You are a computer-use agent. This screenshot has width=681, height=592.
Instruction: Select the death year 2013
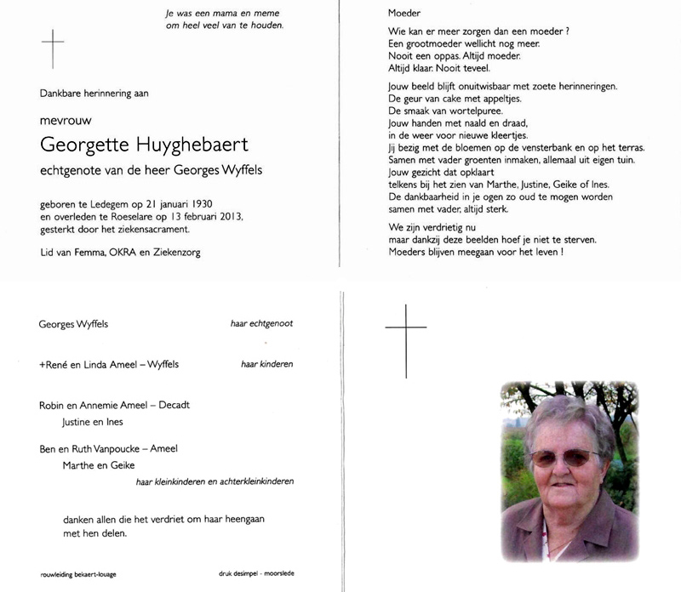pyautogui.click(x=226, y=217)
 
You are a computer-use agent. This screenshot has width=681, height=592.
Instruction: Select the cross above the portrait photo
pyautogui.click(x=405, y=336)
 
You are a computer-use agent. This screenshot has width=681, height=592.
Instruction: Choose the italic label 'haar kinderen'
pyautogui.click(x=266, y=364)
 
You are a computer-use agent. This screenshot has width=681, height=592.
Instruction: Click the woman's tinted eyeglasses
pyautogui.click(x=564, y=458)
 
